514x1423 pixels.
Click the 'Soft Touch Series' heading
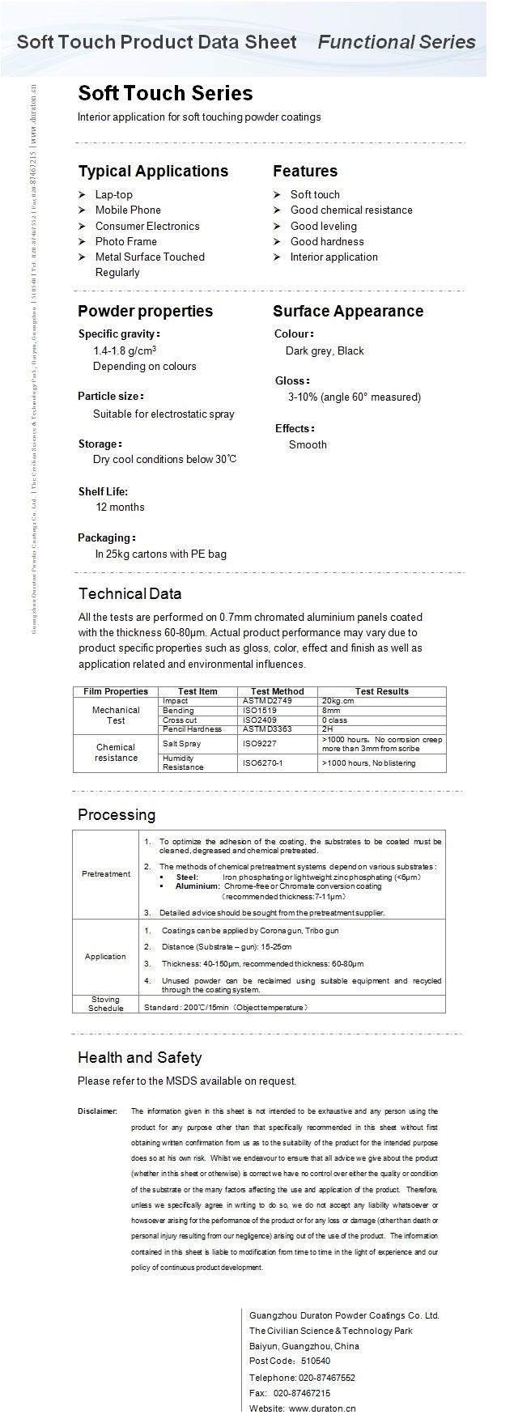(x=165, y=93)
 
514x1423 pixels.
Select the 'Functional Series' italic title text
(x=397, y=42)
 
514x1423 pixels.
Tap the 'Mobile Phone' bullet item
(x=128, y=210)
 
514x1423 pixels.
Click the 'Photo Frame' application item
(x=125, y=241)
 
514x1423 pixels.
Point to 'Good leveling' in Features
(x=323, y=226)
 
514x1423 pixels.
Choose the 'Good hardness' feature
(x=327, y=241)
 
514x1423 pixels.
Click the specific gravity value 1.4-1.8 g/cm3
(x=125, y=350)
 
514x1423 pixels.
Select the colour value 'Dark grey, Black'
(x=325, y=350)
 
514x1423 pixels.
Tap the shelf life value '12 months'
(x=120, y=507)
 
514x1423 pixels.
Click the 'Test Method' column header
(x=278, y=691)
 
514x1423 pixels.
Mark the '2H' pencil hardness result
(x=327, y=728)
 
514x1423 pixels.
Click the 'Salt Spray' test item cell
(x=181, y=743)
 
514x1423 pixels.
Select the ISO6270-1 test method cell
(x=263, y=762)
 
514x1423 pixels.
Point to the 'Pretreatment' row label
(x=106, y=873)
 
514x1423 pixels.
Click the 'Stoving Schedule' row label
(x=106, y=1004)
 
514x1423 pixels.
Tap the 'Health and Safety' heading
(x=139, y=1057)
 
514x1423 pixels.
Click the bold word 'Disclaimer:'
(x=98, y=1111)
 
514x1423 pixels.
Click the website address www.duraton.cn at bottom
(x=322, y=1408)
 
